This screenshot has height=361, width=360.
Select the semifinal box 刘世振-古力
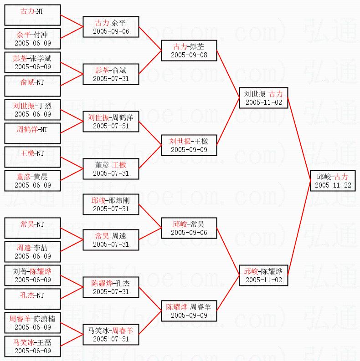point(263,98)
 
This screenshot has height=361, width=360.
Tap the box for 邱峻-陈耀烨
point(263,275)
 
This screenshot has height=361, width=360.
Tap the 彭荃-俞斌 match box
point(111,74)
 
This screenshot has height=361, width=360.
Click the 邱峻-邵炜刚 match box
point(111,204)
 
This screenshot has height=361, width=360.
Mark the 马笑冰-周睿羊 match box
point(111,335)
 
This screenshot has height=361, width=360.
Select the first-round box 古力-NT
point(32,15)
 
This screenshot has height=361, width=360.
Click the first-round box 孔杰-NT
point(32,299)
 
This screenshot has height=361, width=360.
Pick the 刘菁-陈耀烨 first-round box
point(32,275)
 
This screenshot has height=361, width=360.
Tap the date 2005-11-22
point(332,185)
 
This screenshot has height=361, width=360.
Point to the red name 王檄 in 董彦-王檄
point(119,165)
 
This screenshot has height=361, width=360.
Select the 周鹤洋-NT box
point(32,133)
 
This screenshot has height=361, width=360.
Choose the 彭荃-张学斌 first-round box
point(32,62)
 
